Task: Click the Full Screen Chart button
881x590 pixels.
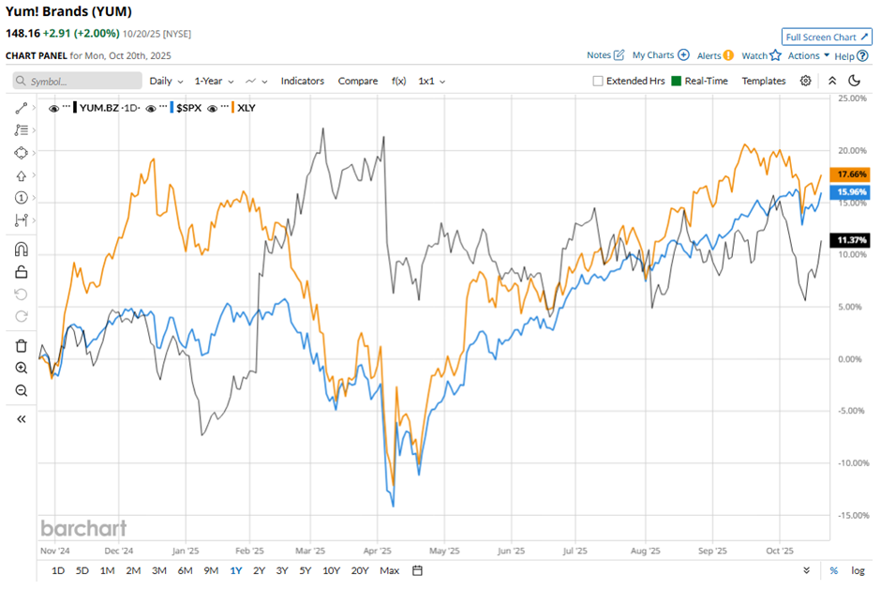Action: [826, 37]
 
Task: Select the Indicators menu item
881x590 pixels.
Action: [302, 81]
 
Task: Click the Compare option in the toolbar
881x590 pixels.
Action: [357, 81]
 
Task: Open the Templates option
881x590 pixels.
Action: [763, 81]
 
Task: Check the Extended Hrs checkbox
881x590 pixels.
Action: [598, 81]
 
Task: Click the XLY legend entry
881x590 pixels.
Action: [246, 108]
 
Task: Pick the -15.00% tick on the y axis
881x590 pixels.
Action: [851, 515]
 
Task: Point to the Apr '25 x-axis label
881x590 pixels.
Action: [377, 552]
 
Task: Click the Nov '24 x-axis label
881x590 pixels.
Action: [55, 552]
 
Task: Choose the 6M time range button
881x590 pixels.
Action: [185, 570]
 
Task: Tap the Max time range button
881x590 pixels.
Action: [390, 570]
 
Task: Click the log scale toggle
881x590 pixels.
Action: [858, 570]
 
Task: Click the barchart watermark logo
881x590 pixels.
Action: [82, 528]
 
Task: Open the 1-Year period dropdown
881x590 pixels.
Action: [213, 81]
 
